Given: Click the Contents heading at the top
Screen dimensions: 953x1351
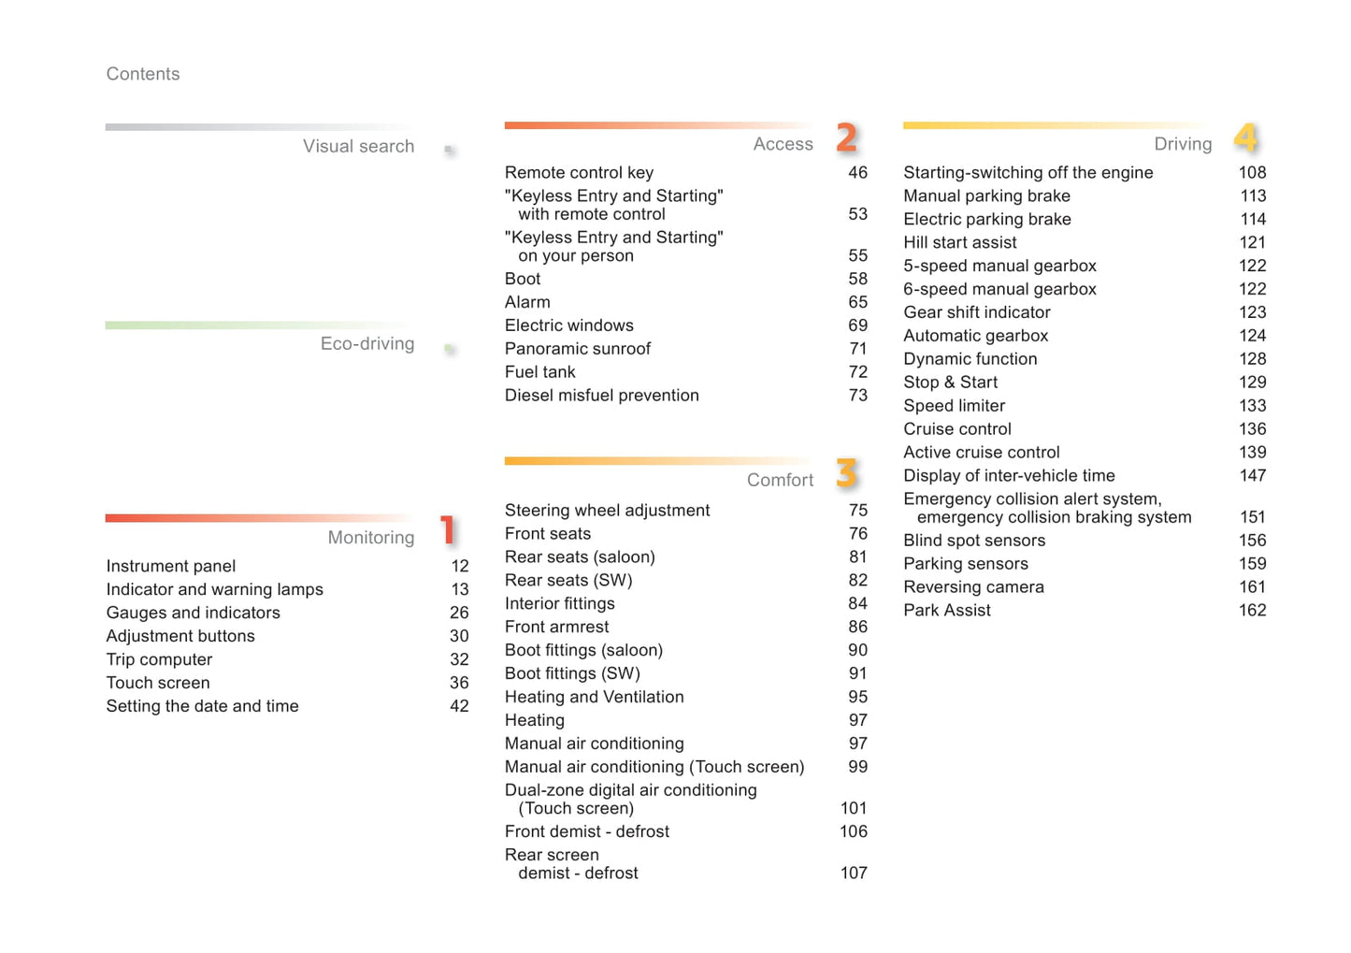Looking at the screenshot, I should click(142, 74).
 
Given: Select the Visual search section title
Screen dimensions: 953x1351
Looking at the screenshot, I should click(358, 146).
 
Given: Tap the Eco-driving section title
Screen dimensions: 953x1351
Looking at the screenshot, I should click(366, 343).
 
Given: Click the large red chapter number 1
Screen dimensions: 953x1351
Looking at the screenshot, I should click(449, 530).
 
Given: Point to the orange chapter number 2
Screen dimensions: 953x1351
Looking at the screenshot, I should click(847, 138).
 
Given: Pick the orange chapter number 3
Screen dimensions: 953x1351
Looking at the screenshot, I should click(847, 473).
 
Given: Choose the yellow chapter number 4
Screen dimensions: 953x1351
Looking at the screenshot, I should click(1246, 138).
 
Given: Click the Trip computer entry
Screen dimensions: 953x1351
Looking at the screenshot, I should click(159, 659).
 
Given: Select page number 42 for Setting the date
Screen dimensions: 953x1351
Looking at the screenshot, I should click(459, 706).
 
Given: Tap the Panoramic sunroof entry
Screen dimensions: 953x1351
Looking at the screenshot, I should click(578, 349).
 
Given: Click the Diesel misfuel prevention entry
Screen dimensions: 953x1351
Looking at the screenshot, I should click(601, 396).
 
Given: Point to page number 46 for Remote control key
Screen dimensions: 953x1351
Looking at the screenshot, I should click(857, 172).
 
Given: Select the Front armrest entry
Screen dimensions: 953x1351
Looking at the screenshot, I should click(556, 627).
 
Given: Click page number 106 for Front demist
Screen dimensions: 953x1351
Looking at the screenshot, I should click(853, 831).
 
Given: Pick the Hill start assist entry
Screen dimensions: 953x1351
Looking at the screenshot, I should click(959, 242).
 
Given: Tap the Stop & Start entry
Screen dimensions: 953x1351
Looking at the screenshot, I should click(950, 383).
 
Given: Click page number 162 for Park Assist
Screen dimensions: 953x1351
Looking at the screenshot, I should click(1252, 610).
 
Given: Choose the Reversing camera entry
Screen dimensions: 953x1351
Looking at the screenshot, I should click(973, 587).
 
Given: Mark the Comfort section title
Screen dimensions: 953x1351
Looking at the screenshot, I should click(780, 480).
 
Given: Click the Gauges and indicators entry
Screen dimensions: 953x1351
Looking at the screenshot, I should click(193, 613).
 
